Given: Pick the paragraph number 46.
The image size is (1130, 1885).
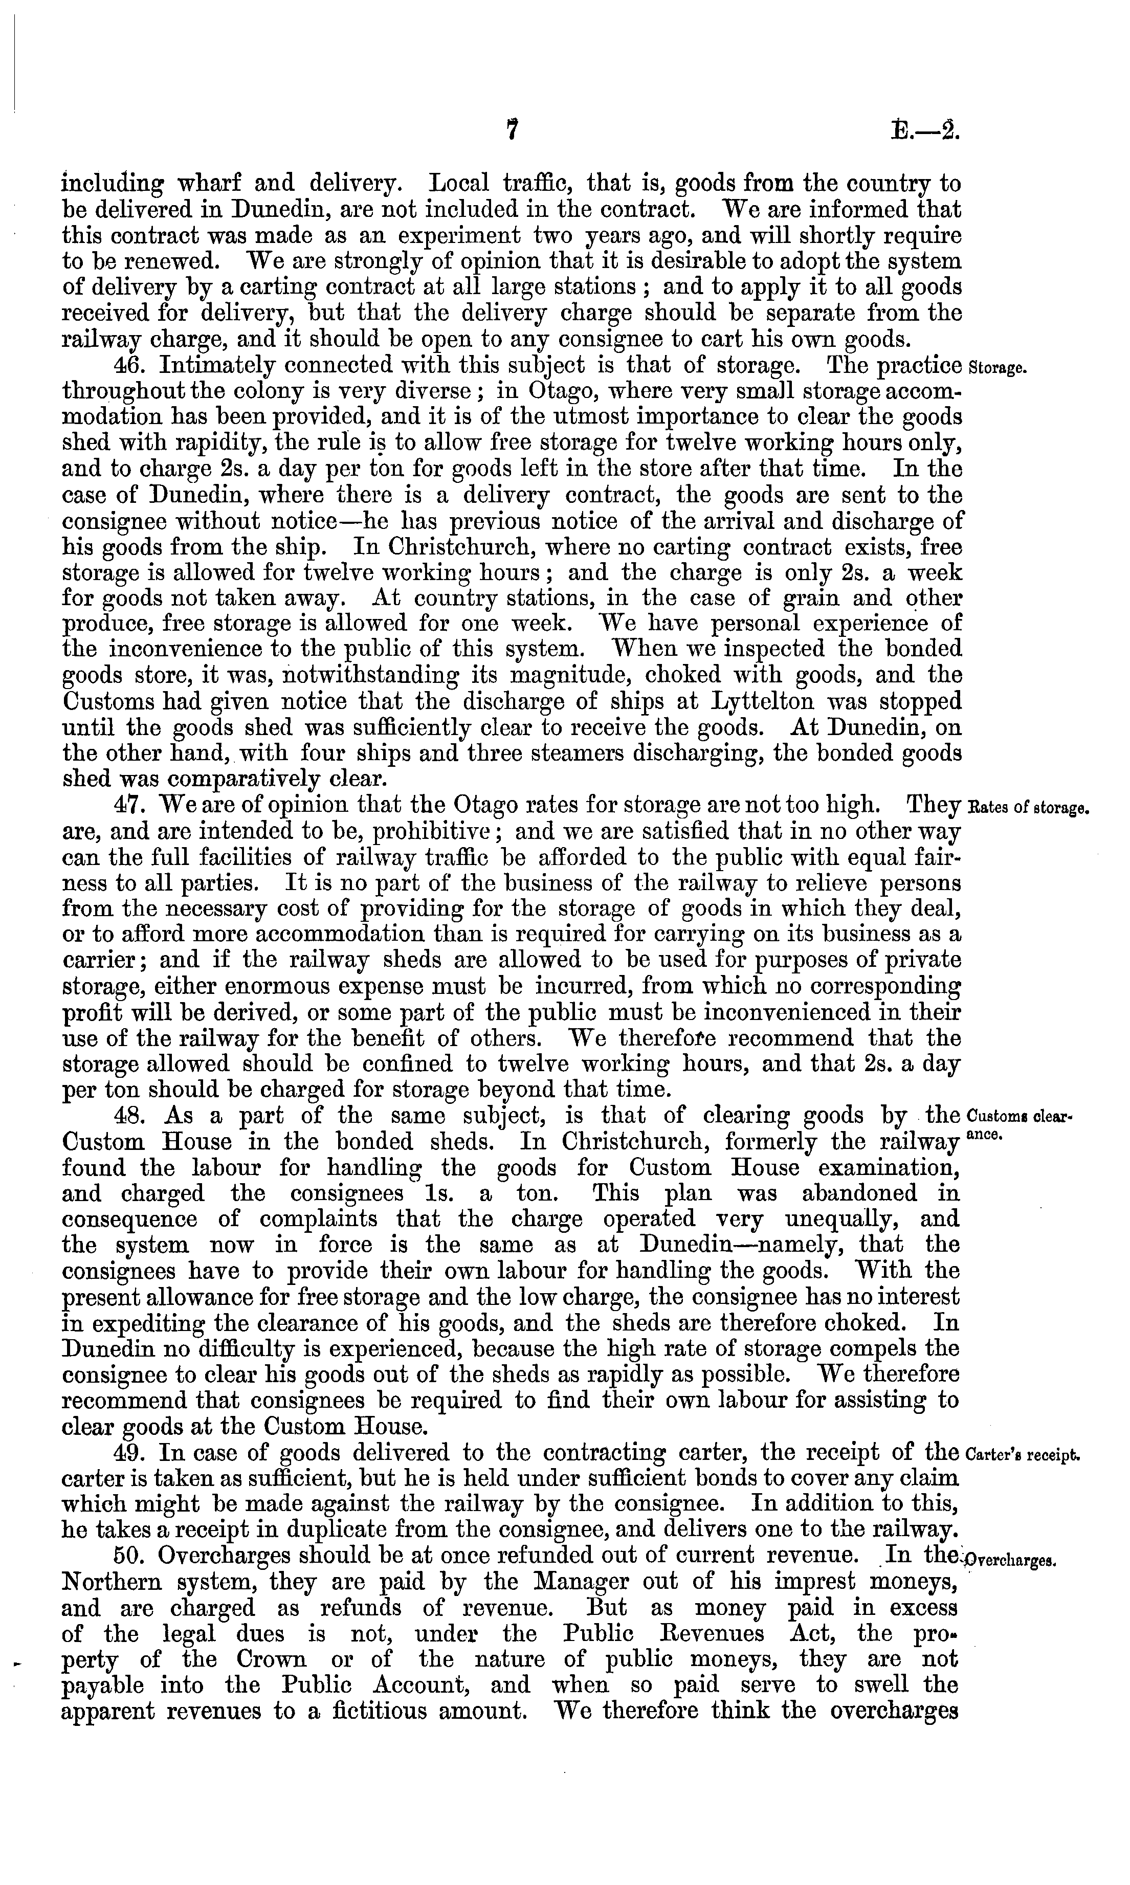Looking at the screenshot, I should [125, 366].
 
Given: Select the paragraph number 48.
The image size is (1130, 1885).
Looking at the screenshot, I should [125, 1116].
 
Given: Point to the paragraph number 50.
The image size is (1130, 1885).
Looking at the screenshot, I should [125, 1556].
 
